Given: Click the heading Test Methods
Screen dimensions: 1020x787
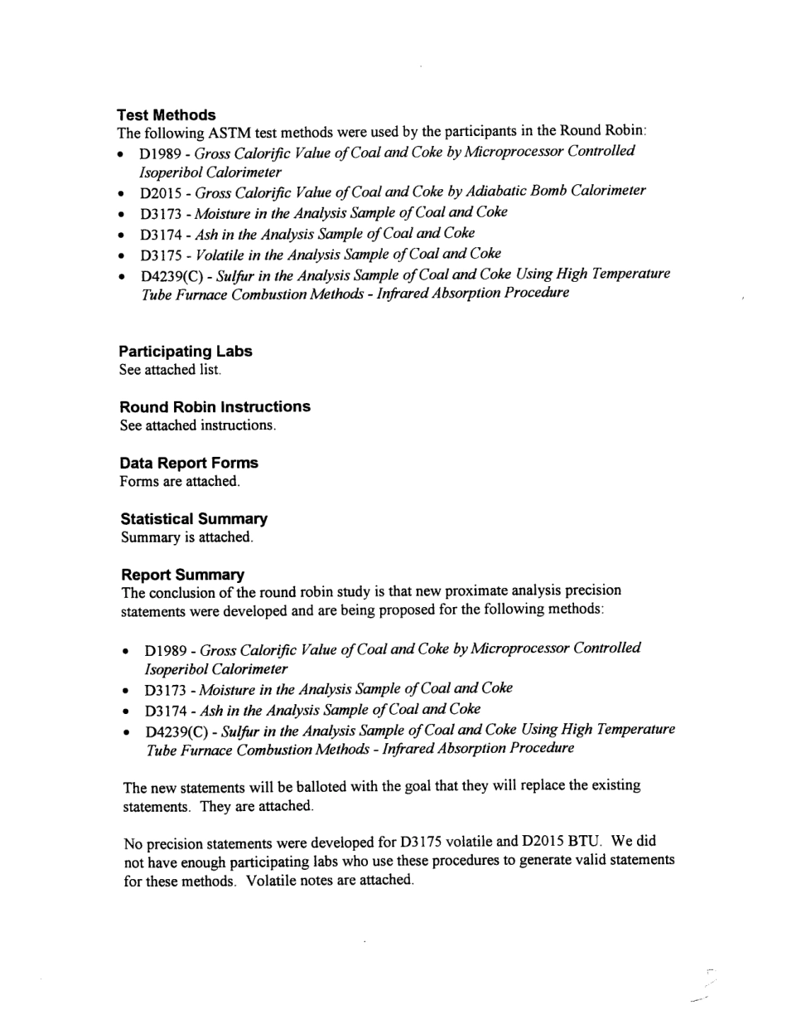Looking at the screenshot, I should [167, 114].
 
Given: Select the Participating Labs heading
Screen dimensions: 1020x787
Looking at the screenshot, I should [186, 351].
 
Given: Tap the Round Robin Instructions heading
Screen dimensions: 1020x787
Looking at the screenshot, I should [215, 406].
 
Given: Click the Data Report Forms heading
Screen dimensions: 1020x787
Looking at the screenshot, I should [189, 463].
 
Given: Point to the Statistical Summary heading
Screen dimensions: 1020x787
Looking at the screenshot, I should [194, 519].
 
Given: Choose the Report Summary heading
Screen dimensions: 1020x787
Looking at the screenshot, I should [182, 575].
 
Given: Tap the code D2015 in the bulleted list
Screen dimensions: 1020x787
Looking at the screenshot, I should [161, 193].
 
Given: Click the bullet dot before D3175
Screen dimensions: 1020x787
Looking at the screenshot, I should [122, 255].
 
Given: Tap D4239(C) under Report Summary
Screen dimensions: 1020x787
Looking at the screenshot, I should [177, 731].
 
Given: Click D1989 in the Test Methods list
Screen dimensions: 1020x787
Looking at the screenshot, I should [161, 153].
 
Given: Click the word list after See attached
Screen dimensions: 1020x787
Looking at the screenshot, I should [210, 370].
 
